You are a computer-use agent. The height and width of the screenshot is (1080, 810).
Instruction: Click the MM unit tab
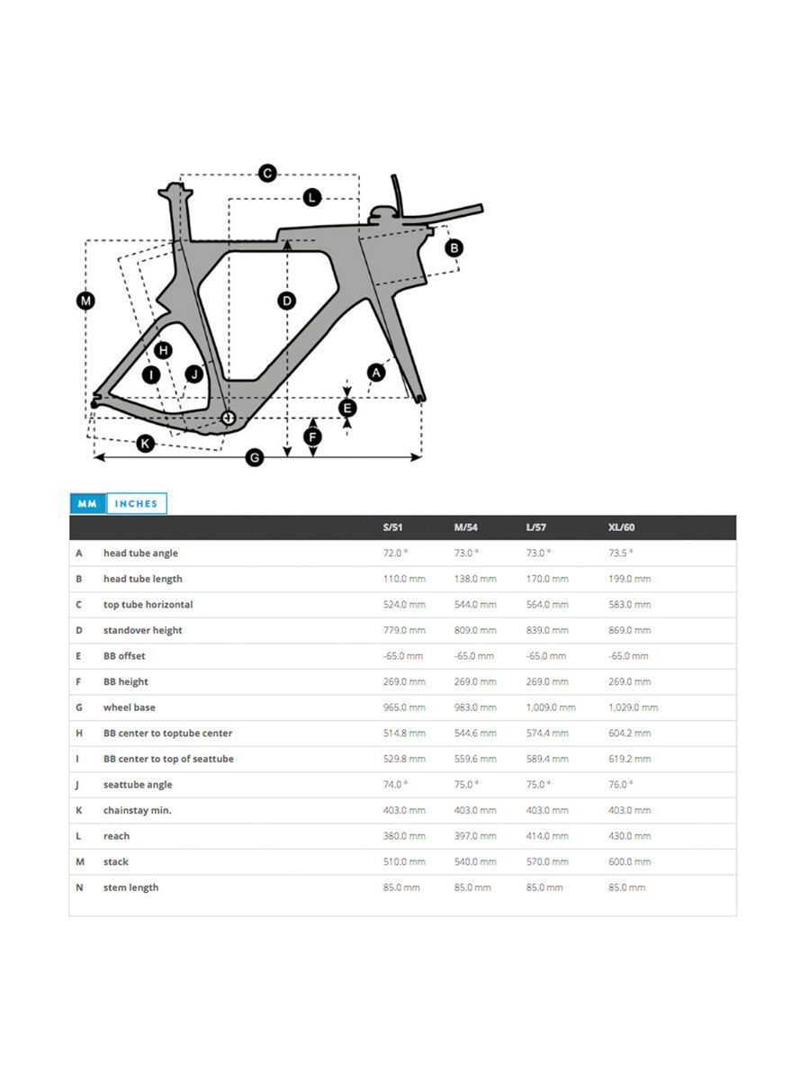click(87, 504)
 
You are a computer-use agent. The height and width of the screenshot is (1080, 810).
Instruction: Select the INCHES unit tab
click(136, 504)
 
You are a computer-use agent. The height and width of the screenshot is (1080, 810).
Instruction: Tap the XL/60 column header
click(621, 527)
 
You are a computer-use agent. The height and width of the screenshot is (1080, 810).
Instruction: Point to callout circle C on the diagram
click(267, 173)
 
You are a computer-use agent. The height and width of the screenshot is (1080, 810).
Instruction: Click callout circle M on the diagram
click(85, 301)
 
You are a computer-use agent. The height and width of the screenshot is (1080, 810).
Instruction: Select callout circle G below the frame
click(255, 458)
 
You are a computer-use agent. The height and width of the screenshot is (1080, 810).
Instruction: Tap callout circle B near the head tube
click(454, 247)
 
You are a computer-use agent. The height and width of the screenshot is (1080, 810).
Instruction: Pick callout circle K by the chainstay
click(145, 443)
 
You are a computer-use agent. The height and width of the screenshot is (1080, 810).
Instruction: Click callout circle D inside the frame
click(286, 301)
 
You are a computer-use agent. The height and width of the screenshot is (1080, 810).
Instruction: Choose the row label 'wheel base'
click(129, 707)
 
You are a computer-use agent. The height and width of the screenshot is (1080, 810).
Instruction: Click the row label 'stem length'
click(130, 887)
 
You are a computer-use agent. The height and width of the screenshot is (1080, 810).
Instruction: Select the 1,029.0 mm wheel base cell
click(633, 707)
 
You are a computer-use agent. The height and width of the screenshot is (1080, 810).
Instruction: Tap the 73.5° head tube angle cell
click(620, 553)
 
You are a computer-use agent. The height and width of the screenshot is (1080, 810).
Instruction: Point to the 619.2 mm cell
click(629, 759)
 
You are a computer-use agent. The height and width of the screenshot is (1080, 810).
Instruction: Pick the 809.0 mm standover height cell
click(475, 630)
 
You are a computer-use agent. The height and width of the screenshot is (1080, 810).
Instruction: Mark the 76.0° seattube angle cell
click(620, 785)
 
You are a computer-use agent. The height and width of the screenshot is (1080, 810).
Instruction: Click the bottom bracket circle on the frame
click(228, 417)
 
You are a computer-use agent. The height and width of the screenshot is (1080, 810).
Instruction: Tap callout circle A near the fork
click(376, 371)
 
